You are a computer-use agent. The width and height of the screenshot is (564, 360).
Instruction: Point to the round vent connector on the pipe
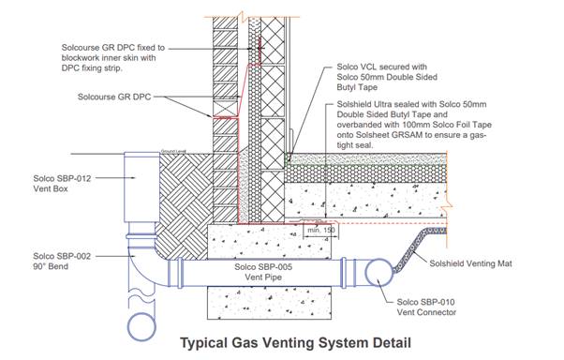[x=378, y=273]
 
